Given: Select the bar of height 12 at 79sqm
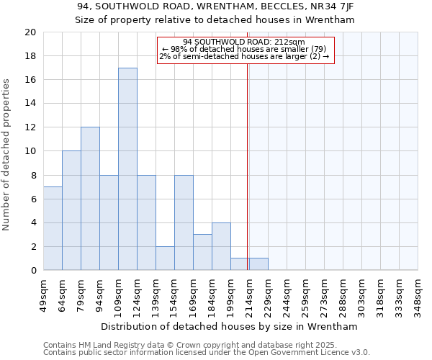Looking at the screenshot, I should tap(90, 199).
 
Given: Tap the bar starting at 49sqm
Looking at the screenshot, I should tap(53, 228).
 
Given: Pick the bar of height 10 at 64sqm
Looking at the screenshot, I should tap(71, 210).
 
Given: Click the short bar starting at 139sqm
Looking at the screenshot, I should tap(165, 258).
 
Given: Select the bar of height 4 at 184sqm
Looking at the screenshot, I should tap(221, 246).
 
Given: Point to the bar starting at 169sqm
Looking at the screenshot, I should tap(202, 252).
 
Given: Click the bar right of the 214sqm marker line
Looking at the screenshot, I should tap(258, 264).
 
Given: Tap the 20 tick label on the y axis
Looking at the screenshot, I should tap(30, 32).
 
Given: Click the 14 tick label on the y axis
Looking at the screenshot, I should tap(30, 104).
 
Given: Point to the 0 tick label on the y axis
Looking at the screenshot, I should tap(32, 270).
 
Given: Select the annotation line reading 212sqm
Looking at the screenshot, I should tap(244, 42).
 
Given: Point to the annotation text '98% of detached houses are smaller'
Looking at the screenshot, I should tap(244, 49).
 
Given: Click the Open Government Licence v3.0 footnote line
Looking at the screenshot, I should tap(207, 353).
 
